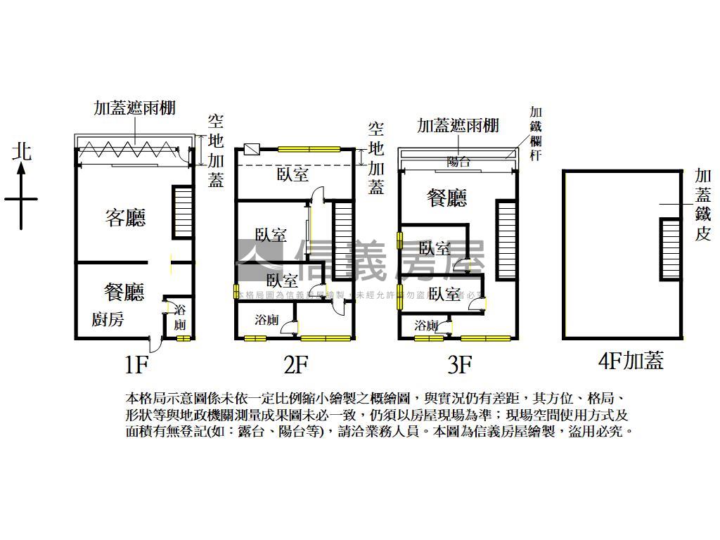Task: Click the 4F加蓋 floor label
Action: (630, 361)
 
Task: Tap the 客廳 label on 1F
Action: (125, 217)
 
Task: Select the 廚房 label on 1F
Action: (108, 319)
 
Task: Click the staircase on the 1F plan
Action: (181, 214)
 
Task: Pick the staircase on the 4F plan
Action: (670, 249)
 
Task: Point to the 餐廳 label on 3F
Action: (447, 198)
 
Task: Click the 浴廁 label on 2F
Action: (266, 320)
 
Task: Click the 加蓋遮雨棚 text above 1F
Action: (134, 108)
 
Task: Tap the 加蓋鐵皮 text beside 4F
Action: (702, 205)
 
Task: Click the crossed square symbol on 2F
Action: (251, 149)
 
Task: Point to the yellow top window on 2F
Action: (307, 149)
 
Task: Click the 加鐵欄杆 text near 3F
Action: (535, 134)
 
